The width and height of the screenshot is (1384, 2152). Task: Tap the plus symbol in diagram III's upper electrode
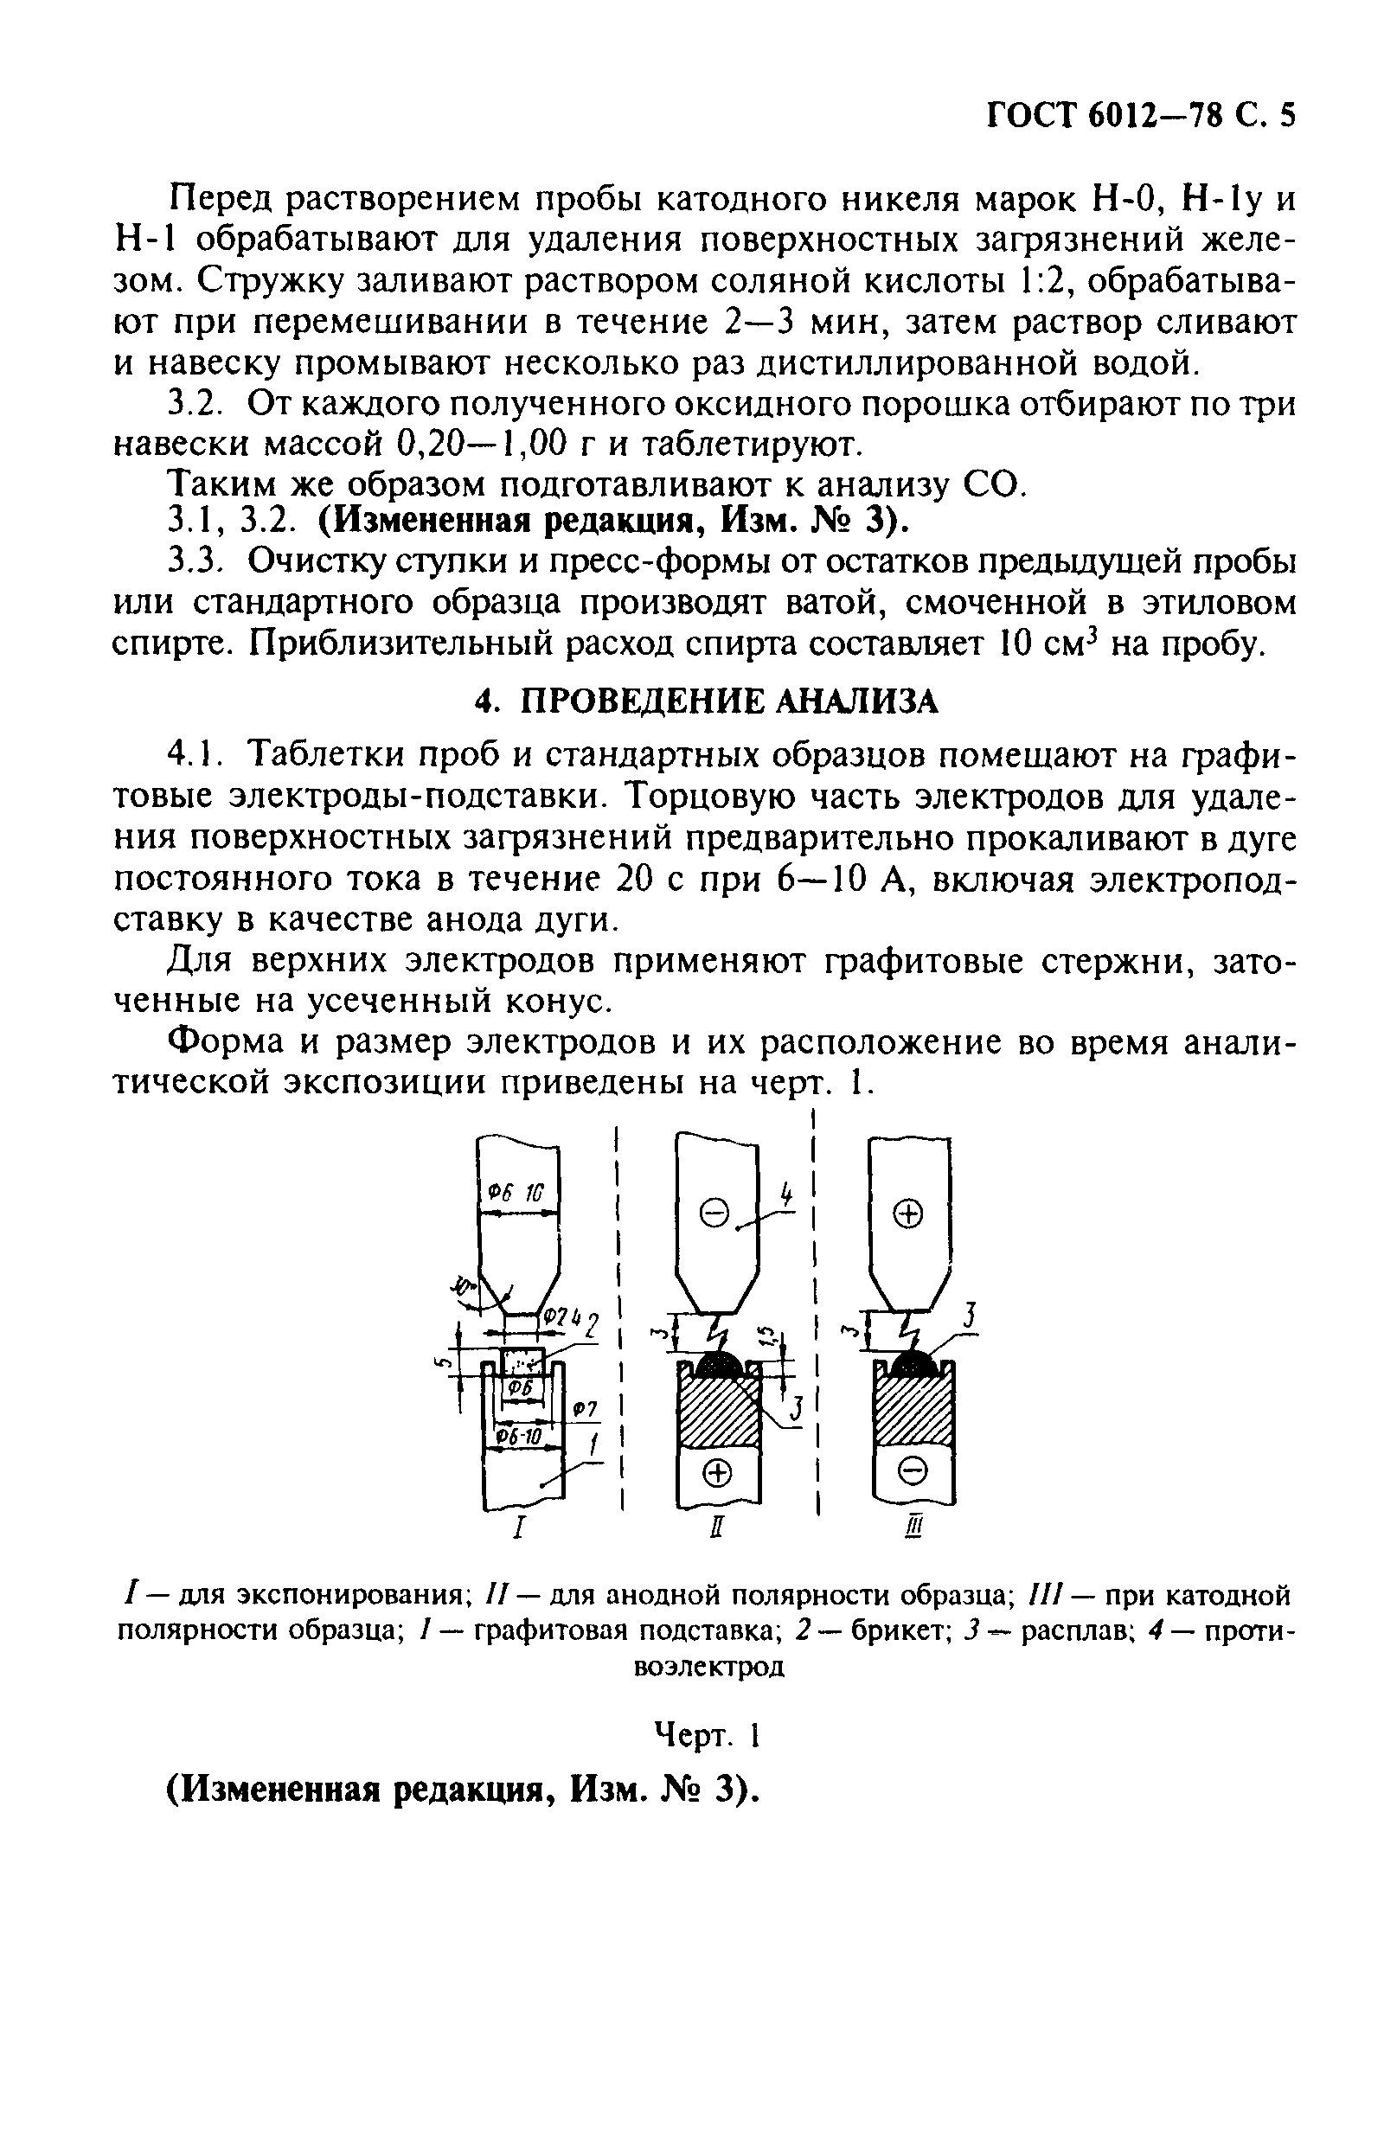(908, 1214)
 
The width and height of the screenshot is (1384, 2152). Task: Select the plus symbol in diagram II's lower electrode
(716, 1473)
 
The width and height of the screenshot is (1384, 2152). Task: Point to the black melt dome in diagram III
(913, 1363)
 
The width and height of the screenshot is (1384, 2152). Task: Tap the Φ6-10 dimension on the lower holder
(521, 1438)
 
